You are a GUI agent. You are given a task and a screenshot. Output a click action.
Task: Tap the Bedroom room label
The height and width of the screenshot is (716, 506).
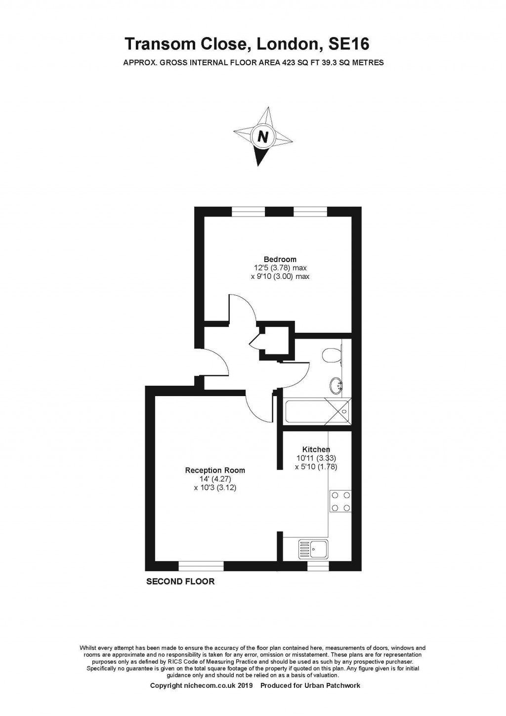(280, 259)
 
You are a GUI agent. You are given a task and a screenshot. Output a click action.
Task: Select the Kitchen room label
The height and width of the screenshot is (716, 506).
(316, 449)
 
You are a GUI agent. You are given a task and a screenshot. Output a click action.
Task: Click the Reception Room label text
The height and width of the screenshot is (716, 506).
(215, 470)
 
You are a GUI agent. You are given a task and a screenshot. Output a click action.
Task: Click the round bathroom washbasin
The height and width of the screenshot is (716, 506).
(337, 385)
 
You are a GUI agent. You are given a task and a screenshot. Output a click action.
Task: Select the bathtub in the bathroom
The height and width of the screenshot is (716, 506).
(306, 411)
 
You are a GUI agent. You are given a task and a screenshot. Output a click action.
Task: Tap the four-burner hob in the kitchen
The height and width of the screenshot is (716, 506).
(340, 501)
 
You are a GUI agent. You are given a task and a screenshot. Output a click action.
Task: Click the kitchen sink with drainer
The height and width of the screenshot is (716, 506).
(313, 549)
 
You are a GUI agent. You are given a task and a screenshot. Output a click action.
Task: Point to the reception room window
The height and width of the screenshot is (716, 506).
(201, 566)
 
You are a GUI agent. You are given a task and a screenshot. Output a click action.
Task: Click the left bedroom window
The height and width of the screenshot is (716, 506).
(248, 212)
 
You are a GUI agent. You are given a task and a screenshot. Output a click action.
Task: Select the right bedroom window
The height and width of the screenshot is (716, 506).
(310, 212)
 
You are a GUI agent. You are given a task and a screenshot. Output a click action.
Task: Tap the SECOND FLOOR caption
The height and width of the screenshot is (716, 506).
(180, 582)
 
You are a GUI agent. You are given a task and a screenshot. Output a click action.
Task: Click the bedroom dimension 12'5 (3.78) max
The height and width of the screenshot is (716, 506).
(280, 268)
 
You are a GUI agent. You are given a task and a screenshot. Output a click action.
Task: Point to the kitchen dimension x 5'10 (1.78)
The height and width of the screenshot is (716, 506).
(316, 466)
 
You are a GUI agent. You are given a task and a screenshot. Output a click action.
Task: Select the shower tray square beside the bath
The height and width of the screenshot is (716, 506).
(338, 411)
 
